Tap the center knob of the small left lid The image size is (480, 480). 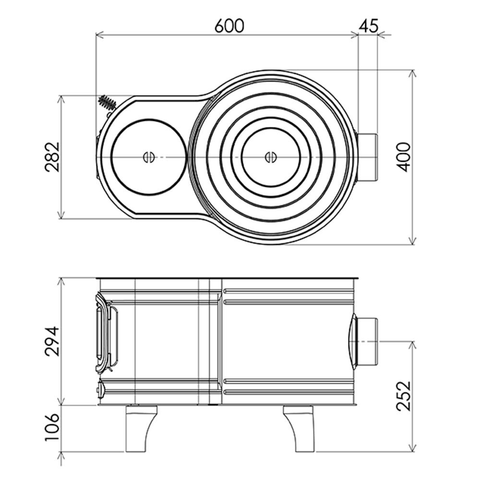[148, 156]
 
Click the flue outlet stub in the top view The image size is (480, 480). [368, 157]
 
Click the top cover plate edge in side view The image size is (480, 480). [228, 278]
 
